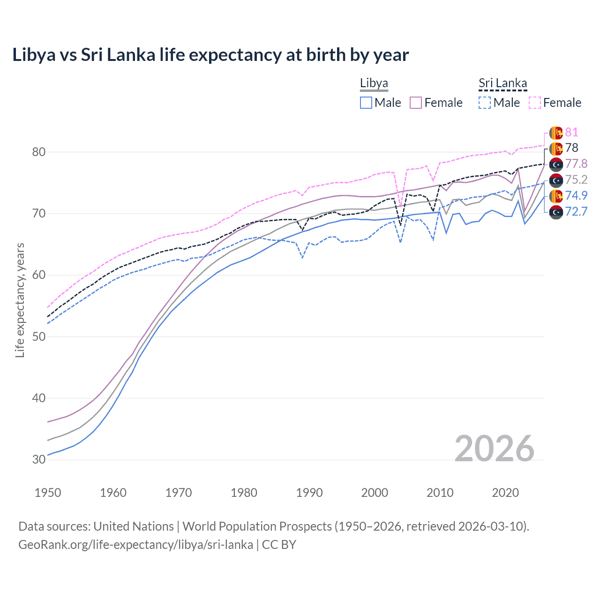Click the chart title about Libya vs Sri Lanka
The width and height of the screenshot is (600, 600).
[x=210, y=55]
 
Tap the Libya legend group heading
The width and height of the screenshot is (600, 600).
[x=374, y=83]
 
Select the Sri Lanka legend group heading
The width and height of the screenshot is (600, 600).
[x=502, y=83]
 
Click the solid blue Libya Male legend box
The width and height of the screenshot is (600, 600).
[x=366, y=103]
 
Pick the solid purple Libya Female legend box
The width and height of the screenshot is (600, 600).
[x=416, y=103]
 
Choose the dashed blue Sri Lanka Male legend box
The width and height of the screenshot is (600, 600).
[x=485, y=103]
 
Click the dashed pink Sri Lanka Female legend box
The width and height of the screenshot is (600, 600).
[x=535, y=103]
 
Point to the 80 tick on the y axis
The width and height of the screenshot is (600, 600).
[x=39, y=152]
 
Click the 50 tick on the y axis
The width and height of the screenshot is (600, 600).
[x=39, y=337]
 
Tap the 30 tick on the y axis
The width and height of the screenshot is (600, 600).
[x=39, y=459]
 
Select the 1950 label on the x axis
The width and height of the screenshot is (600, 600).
[x=48, y=493]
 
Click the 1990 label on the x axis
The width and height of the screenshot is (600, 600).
[x=309, y=493]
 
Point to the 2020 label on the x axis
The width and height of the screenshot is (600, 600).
[x=505, y=493]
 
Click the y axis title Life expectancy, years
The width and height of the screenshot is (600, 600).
[x=20, y=300]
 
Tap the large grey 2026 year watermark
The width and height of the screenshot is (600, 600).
[x=494, y=449]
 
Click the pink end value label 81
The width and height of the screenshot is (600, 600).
[x=571, y=133]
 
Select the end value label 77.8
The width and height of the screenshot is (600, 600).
[x=576, y=164]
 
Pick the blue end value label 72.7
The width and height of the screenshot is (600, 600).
[x=576, y=211]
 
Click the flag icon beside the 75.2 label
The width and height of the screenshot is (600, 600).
[x=556, y=180]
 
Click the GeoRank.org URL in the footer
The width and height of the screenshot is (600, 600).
[x=135, y=545]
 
